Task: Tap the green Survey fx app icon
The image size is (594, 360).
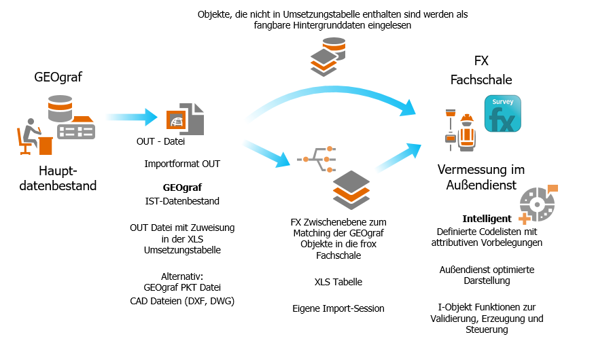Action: point(502,113)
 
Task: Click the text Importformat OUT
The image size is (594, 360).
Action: point(182,164)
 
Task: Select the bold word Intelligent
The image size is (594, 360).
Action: point(487,219)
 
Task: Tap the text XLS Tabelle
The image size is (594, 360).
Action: point(338,282)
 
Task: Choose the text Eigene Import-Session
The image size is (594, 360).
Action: point(338,308)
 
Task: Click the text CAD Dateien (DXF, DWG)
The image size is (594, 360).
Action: point(182,301)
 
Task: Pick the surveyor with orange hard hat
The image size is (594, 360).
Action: point(466,129)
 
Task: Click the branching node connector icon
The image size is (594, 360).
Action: point(317,158)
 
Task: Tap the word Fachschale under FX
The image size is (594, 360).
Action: point(481,80)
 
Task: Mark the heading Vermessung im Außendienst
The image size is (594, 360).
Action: point(481,177)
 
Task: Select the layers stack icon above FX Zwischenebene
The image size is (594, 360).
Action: point(351,190)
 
